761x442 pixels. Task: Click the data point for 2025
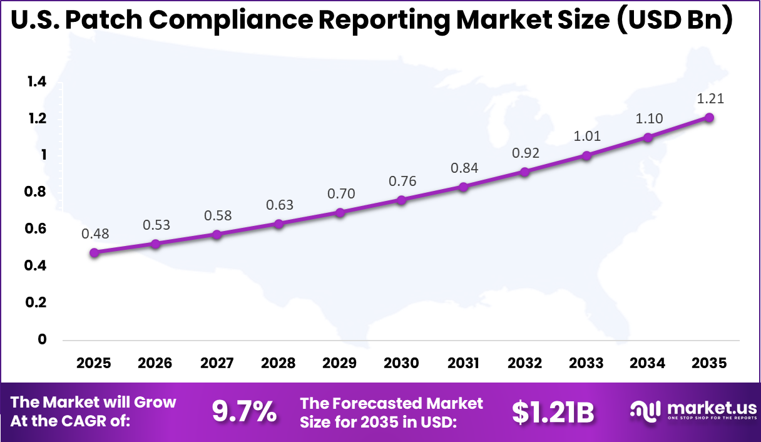[94, 253]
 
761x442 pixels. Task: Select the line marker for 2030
[401, 200]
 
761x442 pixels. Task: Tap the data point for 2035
[709, 118]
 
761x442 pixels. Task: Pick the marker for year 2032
[524, 172]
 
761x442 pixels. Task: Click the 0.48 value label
[94, 234]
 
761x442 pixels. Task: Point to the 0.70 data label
[341, 194]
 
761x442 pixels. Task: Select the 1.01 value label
[586, 136]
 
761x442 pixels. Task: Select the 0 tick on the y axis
[43, 339]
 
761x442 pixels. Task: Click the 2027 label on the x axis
[217, 363]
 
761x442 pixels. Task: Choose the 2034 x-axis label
[648, 363]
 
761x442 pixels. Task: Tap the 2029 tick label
[340, 363]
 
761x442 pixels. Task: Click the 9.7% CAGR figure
[244, 411]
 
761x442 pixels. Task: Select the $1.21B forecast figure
[553, 411]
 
